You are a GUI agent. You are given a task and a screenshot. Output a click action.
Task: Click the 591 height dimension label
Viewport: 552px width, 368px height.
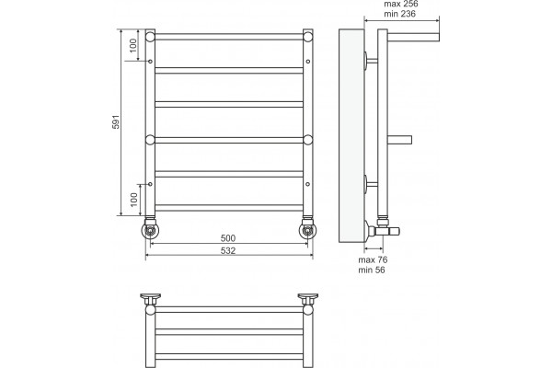(116, 121)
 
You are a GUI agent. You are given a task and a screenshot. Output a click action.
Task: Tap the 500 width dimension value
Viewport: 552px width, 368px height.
(228, 238)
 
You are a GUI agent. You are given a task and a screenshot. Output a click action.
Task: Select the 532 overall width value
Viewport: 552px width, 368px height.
(228, 251)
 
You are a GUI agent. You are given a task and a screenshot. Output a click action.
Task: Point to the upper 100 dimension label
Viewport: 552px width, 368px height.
(133, 45)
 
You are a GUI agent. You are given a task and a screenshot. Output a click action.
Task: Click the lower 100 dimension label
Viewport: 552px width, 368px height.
(133, 200)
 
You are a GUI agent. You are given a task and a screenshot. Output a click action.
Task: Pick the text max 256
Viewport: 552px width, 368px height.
(401, 5)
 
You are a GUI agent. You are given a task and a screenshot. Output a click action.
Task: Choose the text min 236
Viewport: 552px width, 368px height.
(399, 14)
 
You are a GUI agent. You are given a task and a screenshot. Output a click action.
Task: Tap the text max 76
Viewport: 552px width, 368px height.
(373, 259)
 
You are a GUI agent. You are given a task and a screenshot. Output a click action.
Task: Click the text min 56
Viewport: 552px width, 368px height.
(372, 270)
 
